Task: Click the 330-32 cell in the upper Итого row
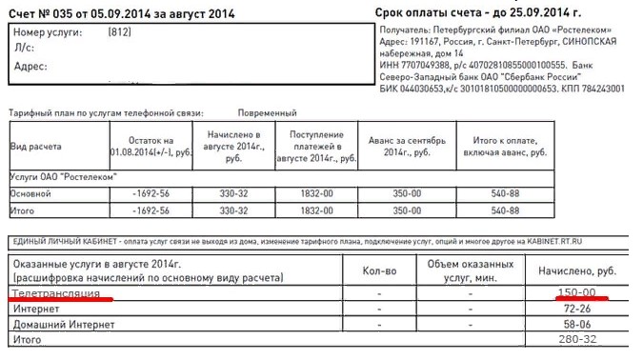(x=233, y=210)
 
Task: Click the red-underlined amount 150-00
(x=577, y=293)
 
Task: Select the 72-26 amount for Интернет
(x=579, y=310)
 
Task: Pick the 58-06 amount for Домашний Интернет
(x=579, y=325)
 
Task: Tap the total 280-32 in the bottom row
(x=577, y=340)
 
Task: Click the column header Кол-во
(x=379, y=270)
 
